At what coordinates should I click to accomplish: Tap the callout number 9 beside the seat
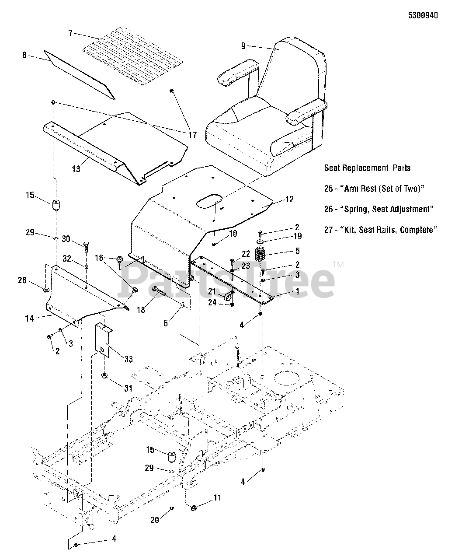pos(243,45)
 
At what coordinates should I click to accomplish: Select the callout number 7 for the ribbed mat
pos(70,33)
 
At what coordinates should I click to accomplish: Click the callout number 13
pos(76,169)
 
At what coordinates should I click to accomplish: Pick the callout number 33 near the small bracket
pos(128,360)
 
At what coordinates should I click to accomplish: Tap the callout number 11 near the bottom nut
pos(217,497)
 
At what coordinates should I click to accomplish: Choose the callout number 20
pos(155,519)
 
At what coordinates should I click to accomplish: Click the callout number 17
pos(192,135)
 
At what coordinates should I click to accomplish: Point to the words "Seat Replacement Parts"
pos(367,168)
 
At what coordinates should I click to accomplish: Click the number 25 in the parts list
pos(329,189)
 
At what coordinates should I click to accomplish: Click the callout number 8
pos(24,55)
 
